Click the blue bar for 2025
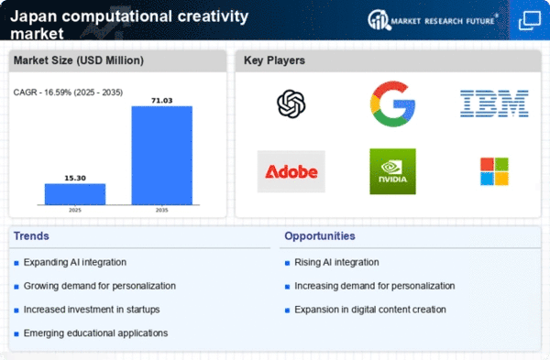(75, 194)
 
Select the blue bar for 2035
(162, 156)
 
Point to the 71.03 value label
(162, 101)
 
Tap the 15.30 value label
(75, 178)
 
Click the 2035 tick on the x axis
(161, 211)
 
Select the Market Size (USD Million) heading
(79, 60)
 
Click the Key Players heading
(274, 60)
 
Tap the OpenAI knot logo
(291, 104)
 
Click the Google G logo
(392, 104)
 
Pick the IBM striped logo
(494, 104)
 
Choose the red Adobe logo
(291, 172)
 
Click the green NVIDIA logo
(392, 171)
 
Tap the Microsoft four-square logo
(494, 171)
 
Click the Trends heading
(31, 236)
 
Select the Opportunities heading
(320, 236)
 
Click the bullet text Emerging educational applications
(95, 333)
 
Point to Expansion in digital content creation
(370, 310)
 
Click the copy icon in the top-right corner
(530, 21)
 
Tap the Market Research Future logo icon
(379, 20)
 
